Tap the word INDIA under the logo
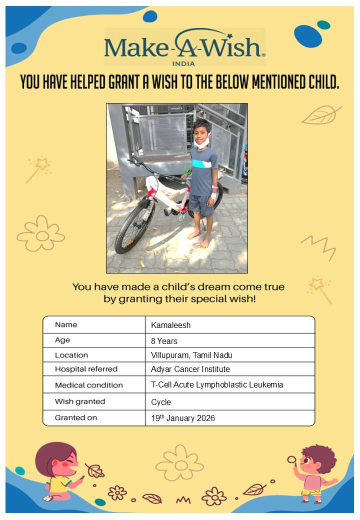[183, 63]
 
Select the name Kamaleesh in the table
[170, 325]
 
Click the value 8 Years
[164, 341]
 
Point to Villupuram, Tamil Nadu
[191, 355]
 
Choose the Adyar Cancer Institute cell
[190, 369]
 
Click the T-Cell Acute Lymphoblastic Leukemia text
[216, 385]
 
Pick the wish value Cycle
[161, 402]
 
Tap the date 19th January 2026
[183, 418]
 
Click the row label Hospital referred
[86, 369]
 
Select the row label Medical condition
[88, 385]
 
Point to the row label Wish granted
[80, 401]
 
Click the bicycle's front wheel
[134, 227]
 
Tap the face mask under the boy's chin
[201, 142]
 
